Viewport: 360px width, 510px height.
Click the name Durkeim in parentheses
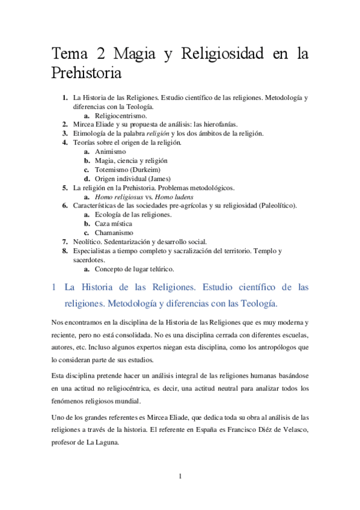(147, 169)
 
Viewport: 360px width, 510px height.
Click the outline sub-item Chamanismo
(115, 232)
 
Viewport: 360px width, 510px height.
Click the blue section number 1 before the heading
(53, 287)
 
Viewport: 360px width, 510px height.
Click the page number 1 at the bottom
(180, 477)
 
